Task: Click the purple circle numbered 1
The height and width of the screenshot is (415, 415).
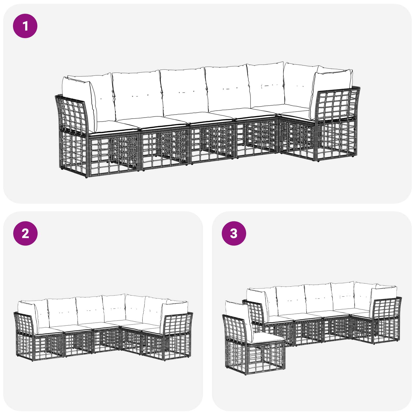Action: (x=25, y=26)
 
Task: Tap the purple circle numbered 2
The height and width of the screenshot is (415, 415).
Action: (x=25, y=233)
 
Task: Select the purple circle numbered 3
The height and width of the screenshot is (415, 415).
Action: (x=234, y=233)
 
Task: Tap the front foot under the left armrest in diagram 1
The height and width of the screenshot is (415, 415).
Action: (x=87, y=177)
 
